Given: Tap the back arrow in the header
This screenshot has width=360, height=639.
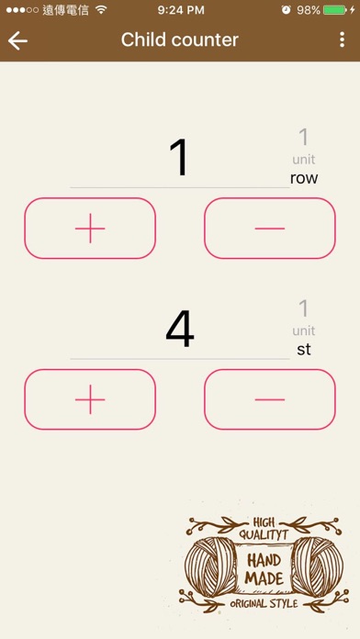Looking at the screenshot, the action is pyautogui.click(x=17, y=40).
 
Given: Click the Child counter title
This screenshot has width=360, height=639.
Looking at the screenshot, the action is pyautogui.click(x=179, y=40).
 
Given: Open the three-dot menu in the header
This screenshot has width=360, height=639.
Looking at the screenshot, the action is pyautogui.click(x=342, y=39).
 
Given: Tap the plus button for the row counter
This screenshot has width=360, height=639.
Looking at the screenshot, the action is pyautogui.click(x=90, y=229).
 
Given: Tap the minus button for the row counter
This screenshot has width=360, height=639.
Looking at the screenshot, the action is pyautogui.click(x=270, y=229).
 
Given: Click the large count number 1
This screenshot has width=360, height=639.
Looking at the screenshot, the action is pyautogui.click(x=179, y=157).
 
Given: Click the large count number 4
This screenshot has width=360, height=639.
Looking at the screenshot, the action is pyautogui.click(x=180, y=329).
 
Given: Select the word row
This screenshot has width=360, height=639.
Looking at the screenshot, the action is pyautogui.click(x=304, y=178).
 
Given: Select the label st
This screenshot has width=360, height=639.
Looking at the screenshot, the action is pyautogui.click(x=304, y=349).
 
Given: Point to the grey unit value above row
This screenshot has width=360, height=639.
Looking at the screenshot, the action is pyautogui.click(x=304, y=138).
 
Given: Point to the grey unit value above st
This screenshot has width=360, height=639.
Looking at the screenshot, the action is pyautogui.click(x=304, y=308).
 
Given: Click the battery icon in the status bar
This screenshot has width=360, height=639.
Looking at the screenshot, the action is pyautogui.click(x=335, y=10).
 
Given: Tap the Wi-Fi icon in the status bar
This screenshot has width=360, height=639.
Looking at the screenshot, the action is pyautogui.click(x=101, y=10).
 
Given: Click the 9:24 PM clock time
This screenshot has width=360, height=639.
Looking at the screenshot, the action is pyautogui.click(x=181, y=10).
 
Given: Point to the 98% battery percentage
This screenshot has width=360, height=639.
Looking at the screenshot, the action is pyautogui.click(x=309, y=10).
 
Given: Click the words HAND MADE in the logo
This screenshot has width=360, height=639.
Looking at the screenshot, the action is pyautogui.click(x=264, y=569).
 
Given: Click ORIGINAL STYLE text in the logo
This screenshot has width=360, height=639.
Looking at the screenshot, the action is pyautogui.click(x=264, y=603).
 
